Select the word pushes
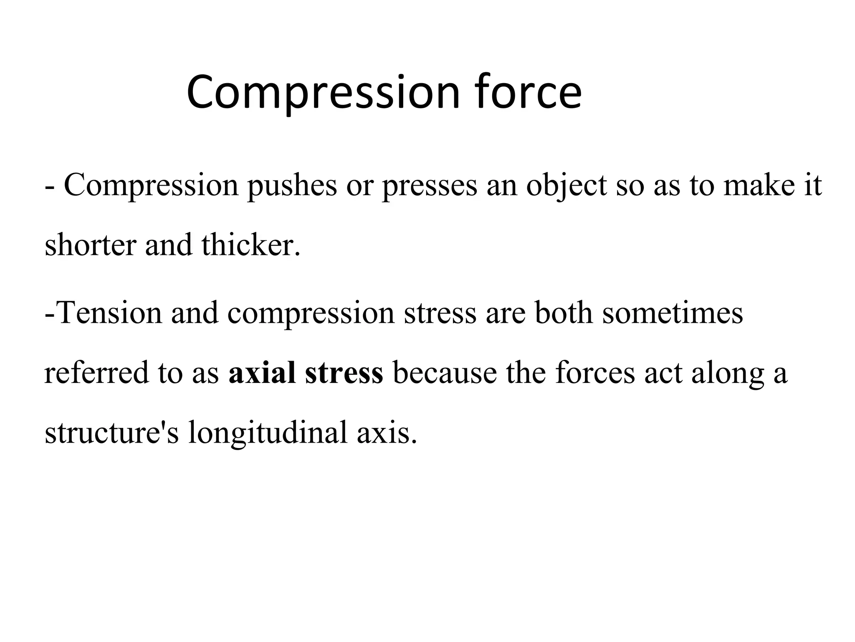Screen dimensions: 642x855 (292, 186)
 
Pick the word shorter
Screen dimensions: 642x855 (90, 245)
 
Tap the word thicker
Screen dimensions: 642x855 (250, 245)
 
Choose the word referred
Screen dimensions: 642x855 (96, 372)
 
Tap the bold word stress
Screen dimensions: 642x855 (344, 373)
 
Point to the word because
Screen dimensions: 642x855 (445, 372)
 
